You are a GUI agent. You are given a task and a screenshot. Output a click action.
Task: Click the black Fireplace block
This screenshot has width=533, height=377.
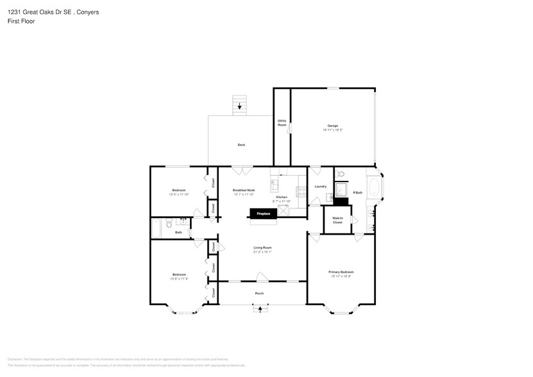pos(263,214)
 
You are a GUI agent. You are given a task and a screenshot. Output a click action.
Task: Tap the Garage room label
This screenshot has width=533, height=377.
pos(332,126)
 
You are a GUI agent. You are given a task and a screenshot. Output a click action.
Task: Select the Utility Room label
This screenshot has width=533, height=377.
pos(282,122)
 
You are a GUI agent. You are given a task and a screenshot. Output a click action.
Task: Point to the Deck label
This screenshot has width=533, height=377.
pos(241,145)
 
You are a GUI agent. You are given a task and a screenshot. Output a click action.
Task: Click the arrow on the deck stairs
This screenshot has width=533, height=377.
pos(241,106)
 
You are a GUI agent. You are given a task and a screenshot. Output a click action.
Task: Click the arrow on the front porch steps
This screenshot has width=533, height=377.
pos(260,309)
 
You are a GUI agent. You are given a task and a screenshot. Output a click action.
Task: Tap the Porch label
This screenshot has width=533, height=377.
pos(259,294)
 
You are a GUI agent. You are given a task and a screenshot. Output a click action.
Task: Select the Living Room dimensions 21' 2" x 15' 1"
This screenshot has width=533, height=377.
pos(262,252)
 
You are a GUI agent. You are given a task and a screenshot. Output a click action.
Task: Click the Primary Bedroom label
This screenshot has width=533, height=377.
pos(341,272)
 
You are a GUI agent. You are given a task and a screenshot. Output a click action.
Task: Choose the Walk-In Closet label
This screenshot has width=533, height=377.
pos(337,220)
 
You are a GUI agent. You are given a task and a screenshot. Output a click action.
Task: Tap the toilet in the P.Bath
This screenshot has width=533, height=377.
pos(341,174)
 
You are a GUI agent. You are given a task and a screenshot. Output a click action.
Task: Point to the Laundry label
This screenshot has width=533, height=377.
pos(321,187)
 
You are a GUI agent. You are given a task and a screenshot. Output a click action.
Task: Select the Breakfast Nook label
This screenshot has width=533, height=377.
pos(244,190)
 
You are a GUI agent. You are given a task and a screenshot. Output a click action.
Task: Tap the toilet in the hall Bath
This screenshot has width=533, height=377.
pos(167,224)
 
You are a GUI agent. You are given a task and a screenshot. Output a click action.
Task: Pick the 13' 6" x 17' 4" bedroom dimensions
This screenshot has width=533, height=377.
pos(178,278)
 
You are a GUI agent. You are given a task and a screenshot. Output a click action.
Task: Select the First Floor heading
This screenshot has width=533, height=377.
pos(22,21)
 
